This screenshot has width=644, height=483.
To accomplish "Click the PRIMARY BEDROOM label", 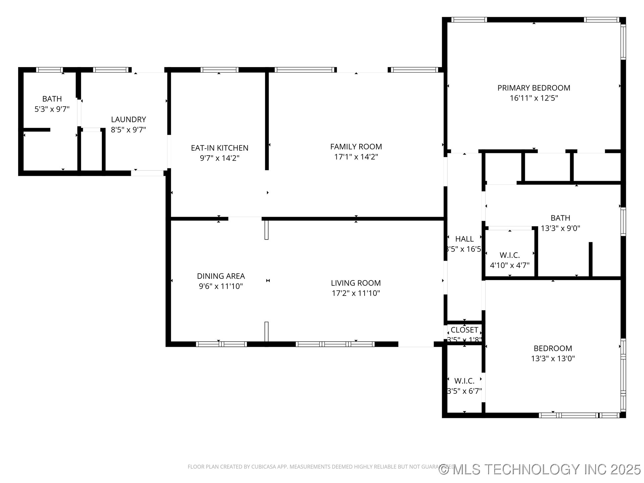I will click(x=534, y=88).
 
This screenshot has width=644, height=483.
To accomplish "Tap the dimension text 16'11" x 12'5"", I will click(x=534, y=98).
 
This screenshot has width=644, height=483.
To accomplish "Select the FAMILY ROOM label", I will click(x=356, y=147).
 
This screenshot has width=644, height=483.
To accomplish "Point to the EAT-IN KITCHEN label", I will click(x=220, y=148).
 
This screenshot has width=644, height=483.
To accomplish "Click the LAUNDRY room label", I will click(x=128, y=119).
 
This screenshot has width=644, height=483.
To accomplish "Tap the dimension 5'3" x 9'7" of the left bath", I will click(x=52, y=109).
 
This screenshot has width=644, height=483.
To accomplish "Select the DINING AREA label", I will click(x=221, y=276).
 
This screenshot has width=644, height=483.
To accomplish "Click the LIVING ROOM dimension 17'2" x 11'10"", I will click(x=356, y=293).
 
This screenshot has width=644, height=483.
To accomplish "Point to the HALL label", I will click(x=465, y=239).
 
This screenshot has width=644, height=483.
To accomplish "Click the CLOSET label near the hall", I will click(x=465, y=330).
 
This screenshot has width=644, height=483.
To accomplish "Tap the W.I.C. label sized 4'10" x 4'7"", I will click(x=509, y=255).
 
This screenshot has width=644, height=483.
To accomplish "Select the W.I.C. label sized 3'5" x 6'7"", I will click(x=465, y=381).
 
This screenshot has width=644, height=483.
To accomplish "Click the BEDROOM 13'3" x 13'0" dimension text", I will click(x=553, y=359).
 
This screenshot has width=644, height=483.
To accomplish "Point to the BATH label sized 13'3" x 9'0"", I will click(x=560, y=218).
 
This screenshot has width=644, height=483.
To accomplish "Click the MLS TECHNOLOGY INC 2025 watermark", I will click(x=540, y=469).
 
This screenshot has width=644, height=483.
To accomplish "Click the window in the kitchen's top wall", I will click(x=219, y=70).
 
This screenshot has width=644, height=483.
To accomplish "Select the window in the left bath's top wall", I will click(x=49, y=70).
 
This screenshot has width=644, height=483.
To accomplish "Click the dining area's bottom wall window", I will click(x=221, y=344).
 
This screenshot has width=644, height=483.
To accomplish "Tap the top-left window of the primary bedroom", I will click(x=469, y=20).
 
